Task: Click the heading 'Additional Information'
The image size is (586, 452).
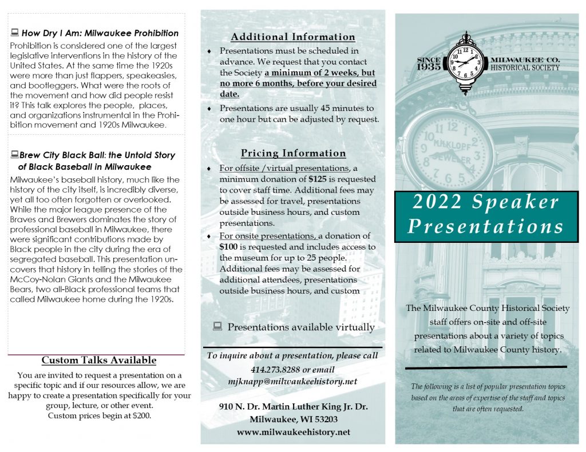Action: click(293, 37)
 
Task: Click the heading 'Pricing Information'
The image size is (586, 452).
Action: click(293, 153)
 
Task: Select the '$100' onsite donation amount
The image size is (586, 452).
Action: click(229, 247)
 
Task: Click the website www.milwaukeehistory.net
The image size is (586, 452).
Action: click(293, 432)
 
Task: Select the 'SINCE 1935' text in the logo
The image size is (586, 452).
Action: click(429, 63)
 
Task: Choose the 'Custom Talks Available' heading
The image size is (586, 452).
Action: click(99, 360)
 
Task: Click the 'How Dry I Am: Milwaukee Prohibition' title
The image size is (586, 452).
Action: click(100, 33)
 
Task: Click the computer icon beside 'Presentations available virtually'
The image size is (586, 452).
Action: click(217, 327)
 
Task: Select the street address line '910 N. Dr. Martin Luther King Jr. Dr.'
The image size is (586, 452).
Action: click(293, 407)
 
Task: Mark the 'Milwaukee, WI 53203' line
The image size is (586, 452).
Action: click(293, 419)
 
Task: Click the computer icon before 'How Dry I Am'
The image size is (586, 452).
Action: click(15, 33)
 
